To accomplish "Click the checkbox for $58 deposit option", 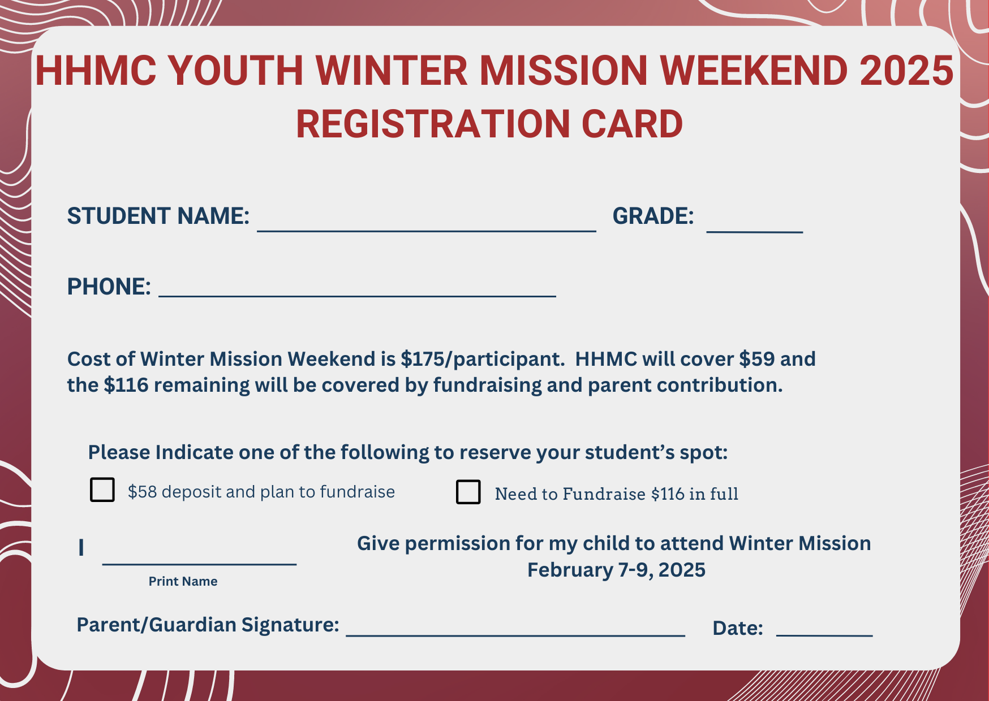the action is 102,490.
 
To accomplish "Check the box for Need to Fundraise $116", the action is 468,492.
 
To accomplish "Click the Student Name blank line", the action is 427,231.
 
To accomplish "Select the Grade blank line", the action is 755,231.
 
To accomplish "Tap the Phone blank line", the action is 358,296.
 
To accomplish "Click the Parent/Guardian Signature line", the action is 515,635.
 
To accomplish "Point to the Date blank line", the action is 824,635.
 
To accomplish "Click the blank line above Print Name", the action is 199,564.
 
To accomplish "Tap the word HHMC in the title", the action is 96,71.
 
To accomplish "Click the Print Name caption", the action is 183,581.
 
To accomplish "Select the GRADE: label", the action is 653,216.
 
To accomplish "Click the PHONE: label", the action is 109,287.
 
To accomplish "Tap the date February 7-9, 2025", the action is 616,570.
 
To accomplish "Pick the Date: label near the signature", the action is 738,628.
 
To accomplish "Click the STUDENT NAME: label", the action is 158,216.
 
